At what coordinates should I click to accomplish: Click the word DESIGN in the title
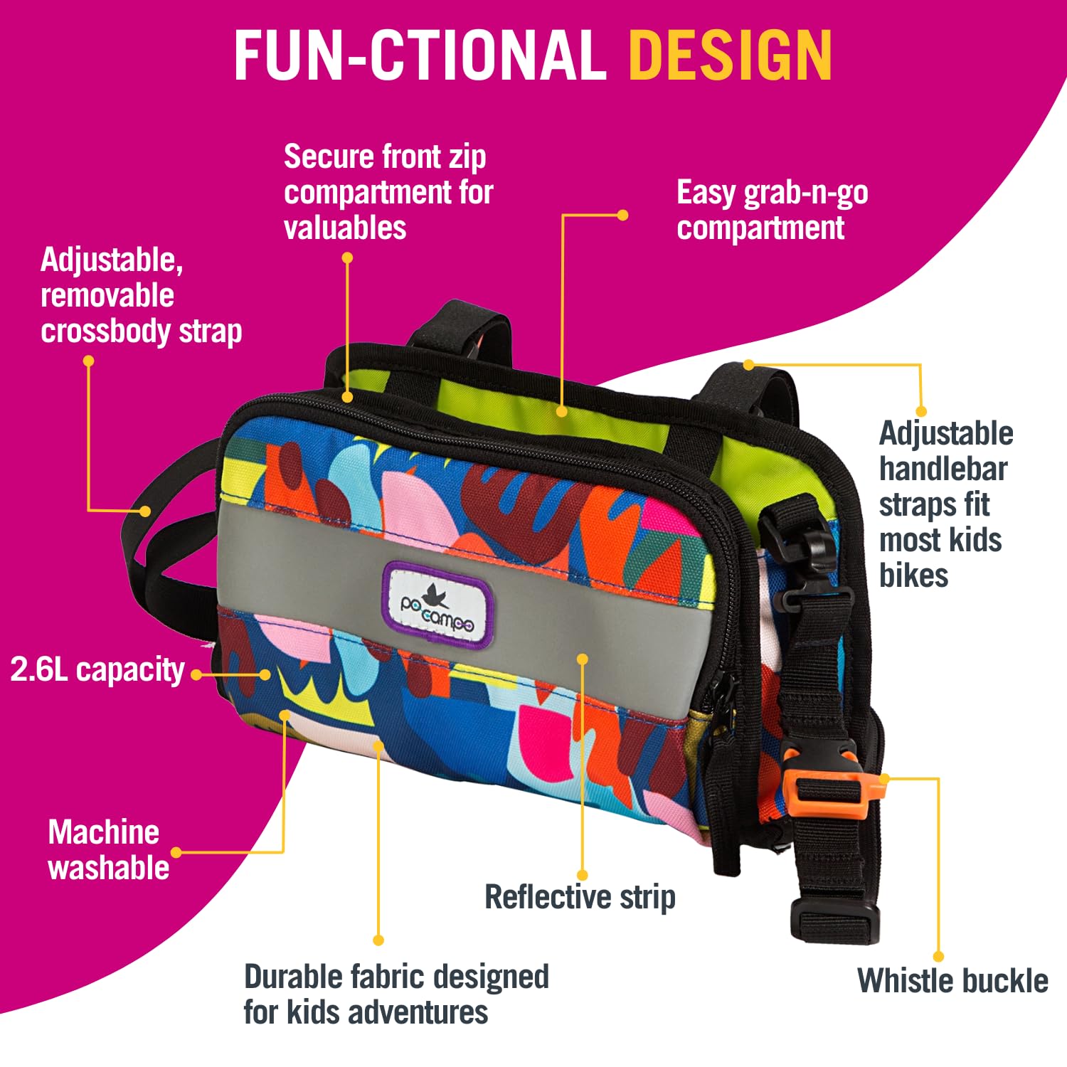[731, 55]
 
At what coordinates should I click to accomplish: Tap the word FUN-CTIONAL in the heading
[420, 55]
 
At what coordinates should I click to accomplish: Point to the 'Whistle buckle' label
[952, 980]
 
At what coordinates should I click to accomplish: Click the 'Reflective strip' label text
[580, 897]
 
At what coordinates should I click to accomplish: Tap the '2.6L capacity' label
[97, 670]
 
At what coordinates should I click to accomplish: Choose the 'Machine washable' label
[109, 850]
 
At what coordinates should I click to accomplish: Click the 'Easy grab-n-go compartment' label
[773, 211]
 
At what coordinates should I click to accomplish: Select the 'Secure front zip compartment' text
[388, 192]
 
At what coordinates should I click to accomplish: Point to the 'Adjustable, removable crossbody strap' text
[142, 296]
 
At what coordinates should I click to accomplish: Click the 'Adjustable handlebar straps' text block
[946, 504]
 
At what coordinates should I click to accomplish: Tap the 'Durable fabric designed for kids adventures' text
[396, 994]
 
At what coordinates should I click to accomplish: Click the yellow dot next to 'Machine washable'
[176, 852]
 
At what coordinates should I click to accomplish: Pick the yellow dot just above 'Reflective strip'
[583, 875]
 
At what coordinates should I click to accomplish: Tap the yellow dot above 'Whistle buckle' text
[938, 957]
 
